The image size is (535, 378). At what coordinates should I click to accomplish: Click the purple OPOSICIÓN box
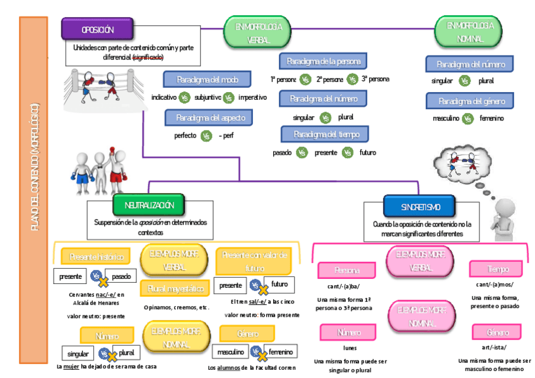tap(97, 29)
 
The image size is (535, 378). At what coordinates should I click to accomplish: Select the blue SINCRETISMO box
tap(420, 206)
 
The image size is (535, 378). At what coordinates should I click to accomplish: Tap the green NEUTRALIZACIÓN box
tap(150, 204)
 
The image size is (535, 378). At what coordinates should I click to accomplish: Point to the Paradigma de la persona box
tap(323, 61)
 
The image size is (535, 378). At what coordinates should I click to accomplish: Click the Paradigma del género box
tap(469, 101)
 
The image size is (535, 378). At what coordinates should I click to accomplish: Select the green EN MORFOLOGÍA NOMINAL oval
tap(466, 32)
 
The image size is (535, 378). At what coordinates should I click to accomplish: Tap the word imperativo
tap(252, 98)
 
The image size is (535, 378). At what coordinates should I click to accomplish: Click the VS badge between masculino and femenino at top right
tap(467, 119)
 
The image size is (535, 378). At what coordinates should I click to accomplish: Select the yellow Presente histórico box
tap(96, 257)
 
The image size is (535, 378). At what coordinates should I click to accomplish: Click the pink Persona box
tap(347, 271)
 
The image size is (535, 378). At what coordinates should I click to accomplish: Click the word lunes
tap(351, 348)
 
